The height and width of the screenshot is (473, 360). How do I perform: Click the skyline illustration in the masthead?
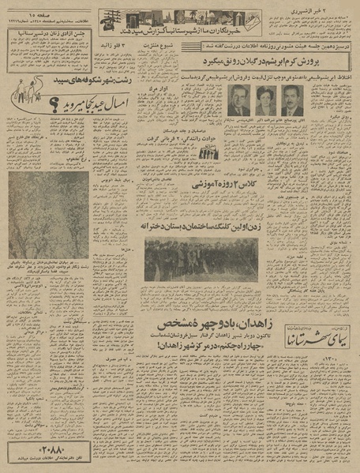pos(158,17)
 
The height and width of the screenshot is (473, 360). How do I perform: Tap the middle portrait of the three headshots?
pos(263,100)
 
